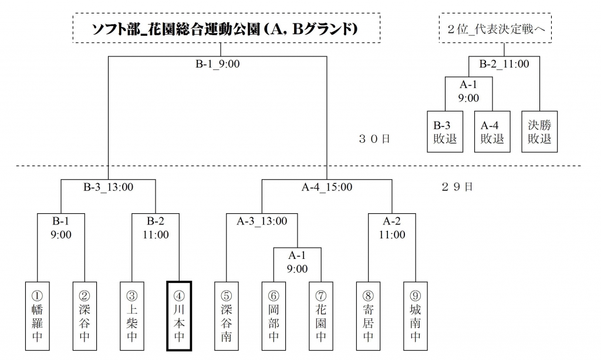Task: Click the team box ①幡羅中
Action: tap(38, 315)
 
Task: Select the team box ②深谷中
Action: tap(85, 315)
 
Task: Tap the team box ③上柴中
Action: tap(132, 315)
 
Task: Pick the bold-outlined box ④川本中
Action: tap(179, 315)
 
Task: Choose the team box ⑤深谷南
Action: tap(227, 315)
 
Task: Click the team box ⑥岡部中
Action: tap(274, 315)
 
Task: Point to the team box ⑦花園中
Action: tap(321, 315)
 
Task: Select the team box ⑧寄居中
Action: tap(368, 315)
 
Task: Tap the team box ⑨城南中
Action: tap(416, 315)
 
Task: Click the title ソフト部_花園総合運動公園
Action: tap(225, 28)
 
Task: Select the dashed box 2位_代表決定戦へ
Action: tap(496, 28)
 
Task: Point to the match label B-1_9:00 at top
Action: tap(217, 64)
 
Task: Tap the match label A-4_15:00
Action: tap(327, 188)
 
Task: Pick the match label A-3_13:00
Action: tap(262, 221)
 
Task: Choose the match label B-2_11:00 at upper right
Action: tap(504, 64)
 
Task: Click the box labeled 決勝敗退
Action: tap(539, 132)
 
